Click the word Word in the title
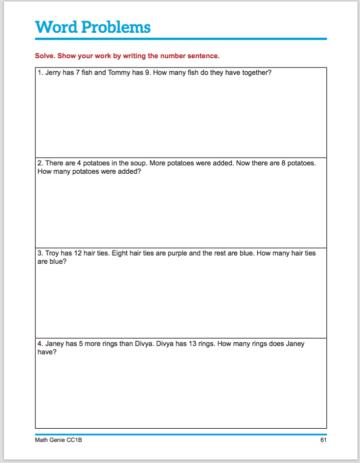56,27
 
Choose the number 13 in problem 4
185,344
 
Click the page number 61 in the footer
323,440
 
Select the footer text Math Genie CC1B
55,440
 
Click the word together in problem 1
255,73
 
